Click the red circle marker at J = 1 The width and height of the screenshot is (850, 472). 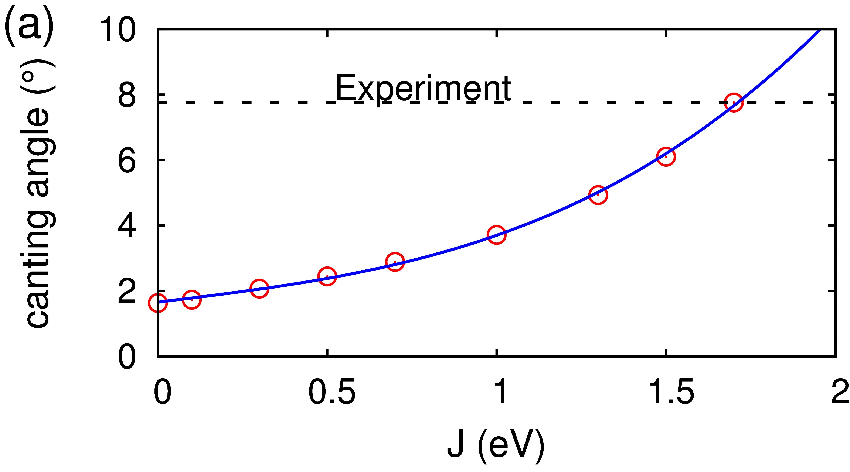click(496, 235)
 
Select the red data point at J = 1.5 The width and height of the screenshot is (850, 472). click(666, 156)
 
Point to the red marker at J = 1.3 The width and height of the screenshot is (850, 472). click(598, 195)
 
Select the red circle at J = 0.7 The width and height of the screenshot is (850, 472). click(395, 262)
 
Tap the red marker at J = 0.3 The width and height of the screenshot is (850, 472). click(259, 289)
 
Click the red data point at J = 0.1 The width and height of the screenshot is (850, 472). click(192, 300)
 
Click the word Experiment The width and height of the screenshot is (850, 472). click(423, 88)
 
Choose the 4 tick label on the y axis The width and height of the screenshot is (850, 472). click(127, 226)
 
